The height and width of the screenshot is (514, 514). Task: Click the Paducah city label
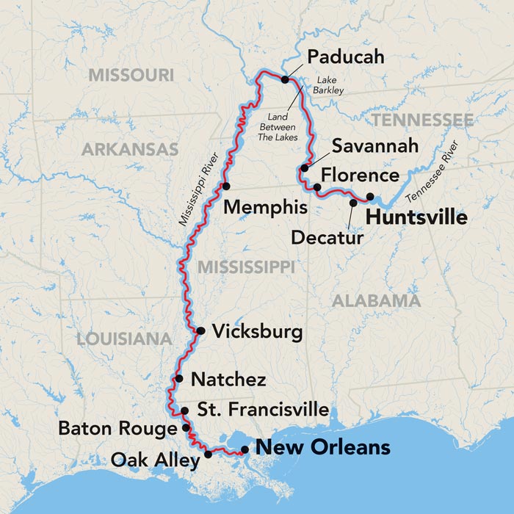(x=345, y=57)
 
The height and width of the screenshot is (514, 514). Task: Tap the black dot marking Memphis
(x=227, y=186)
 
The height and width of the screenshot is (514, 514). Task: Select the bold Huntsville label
(x=416, y=218)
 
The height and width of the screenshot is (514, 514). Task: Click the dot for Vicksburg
(x=200, y=331)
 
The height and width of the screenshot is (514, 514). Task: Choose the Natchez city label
(x=228, y=380)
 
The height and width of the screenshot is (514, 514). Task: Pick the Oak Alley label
(x=155, y=460)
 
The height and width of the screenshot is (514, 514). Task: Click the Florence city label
(x=361, y=176)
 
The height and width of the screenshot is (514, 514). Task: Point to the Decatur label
(x=327, y=237)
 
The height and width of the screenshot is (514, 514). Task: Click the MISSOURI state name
(x=131, y=75)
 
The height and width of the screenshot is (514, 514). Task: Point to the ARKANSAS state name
(x=129, y=150)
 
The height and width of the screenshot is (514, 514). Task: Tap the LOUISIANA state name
(x=123, y=339)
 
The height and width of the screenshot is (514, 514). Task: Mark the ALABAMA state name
(x=376, y=300)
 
